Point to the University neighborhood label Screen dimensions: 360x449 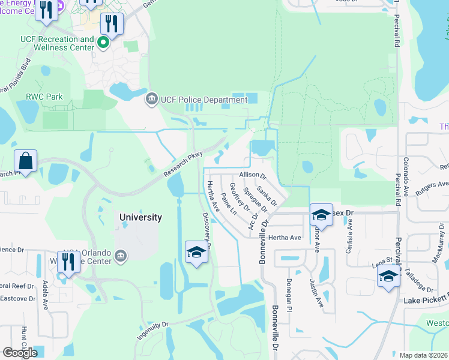140,217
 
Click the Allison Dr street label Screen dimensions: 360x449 253,175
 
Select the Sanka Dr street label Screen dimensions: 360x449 267,196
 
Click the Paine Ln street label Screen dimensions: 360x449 229,205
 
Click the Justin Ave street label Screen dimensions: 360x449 317,293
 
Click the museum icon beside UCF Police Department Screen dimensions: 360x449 151,98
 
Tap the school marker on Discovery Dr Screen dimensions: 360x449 196,253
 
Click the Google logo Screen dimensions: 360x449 20,353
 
